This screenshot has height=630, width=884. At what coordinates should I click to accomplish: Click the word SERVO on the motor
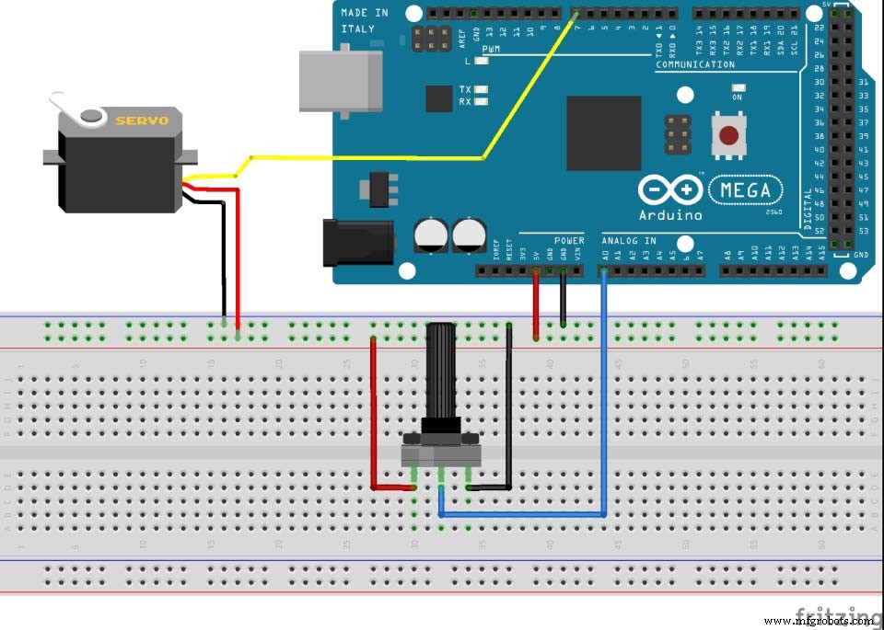coord(135,120)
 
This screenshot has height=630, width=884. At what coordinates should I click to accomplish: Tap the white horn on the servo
coord(90,115)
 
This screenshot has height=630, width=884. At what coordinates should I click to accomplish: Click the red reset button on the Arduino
coord(728,136)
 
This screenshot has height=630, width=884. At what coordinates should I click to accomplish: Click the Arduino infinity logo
coord(669,191)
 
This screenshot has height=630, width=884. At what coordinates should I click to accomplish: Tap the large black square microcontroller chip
coord(603,133)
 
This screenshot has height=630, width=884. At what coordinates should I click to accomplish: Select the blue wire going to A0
coord(603,395)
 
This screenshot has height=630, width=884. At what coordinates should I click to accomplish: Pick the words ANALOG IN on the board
coord(629,241)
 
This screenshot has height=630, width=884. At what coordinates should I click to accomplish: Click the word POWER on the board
coord(569,241)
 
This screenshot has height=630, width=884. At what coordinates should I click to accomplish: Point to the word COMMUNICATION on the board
coord(694,64)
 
